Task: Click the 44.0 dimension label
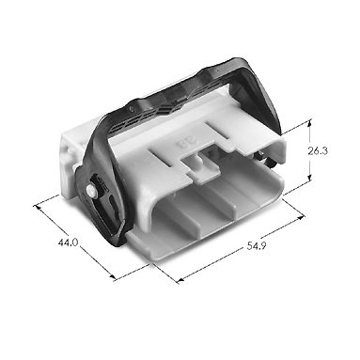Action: [68, 243]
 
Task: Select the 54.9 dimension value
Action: [257, 246]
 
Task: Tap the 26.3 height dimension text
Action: [318, 151]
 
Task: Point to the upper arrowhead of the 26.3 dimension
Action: [309, 124]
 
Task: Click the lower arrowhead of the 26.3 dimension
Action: [309, 178]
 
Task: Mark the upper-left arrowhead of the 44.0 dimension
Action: [38, 207]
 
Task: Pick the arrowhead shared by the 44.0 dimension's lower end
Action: [113, 277]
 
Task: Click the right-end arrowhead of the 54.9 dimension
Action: [301, 217]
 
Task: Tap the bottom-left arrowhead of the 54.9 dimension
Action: [180, 280]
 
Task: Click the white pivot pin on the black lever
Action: [91, 190]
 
